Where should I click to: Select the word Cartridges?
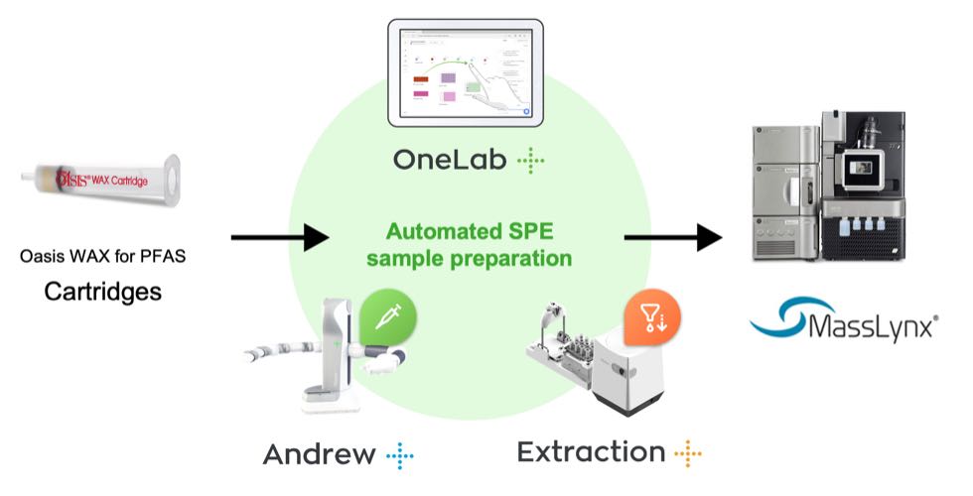click(x=102, y=293)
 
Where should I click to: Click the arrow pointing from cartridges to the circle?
click(x=279, y=237)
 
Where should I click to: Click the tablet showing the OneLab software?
click(x=465, y=72)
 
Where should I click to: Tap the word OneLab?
click(x=449, y=161)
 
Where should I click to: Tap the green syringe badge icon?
click(x=387, y=318)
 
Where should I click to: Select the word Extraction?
click(x=591, y=453)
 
